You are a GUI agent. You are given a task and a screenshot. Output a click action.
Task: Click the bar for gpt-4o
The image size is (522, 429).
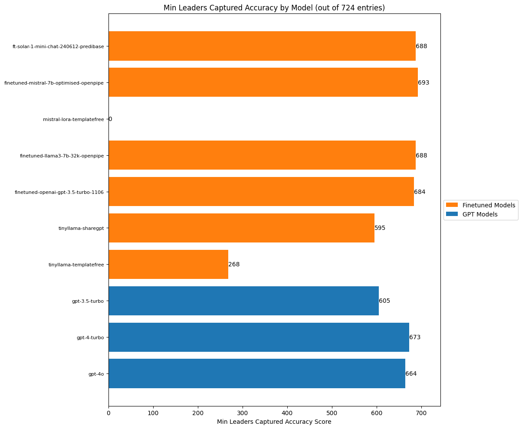coord(257,373)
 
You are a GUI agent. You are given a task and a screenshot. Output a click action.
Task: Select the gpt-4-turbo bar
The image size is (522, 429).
coord(259,337)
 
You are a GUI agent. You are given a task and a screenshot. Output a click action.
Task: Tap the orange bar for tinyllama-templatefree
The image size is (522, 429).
coord(168,264)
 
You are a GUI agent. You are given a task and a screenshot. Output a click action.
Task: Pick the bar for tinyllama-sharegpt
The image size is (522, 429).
coord(241,228)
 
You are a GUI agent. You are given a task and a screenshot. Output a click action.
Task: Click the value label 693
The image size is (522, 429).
coord(424,82)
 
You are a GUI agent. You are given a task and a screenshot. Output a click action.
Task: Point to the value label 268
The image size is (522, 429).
coord(234,264)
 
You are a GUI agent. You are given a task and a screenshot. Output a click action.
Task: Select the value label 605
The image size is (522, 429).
coord(384,301)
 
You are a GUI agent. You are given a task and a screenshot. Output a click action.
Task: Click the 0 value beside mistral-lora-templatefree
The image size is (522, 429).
coord(110,119)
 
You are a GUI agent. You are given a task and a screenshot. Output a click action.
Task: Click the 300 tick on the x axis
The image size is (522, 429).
coord(243,413)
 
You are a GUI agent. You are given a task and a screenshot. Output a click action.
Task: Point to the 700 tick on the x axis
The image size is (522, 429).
coord(421,413)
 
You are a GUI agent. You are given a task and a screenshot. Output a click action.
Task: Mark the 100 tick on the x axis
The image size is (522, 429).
coord(153,413)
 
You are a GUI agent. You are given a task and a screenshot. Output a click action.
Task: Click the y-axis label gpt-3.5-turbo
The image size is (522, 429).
coord(88,301)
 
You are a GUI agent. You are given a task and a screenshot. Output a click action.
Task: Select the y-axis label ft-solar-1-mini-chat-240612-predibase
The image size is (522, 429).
coord(59,46)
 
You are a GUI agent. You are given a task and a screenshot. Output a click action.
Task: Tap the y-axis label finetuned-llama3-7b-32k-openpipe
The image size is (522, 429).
coord(62,155)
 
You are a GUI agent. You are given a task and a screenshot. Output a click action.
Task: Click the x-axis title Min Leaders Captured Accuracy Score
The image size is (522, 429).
coord(274,422)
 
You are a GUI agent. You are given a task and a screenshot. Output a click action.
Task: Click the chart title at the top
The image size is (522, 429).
coord(274,8)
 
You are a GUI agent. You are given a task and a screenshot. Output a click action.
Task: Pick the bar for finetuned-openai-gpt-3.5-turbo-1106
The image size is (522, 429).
coord(261,191)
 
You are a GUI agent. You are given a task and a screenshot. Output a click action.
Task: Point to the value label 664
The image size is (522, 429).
coord(411,373)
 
